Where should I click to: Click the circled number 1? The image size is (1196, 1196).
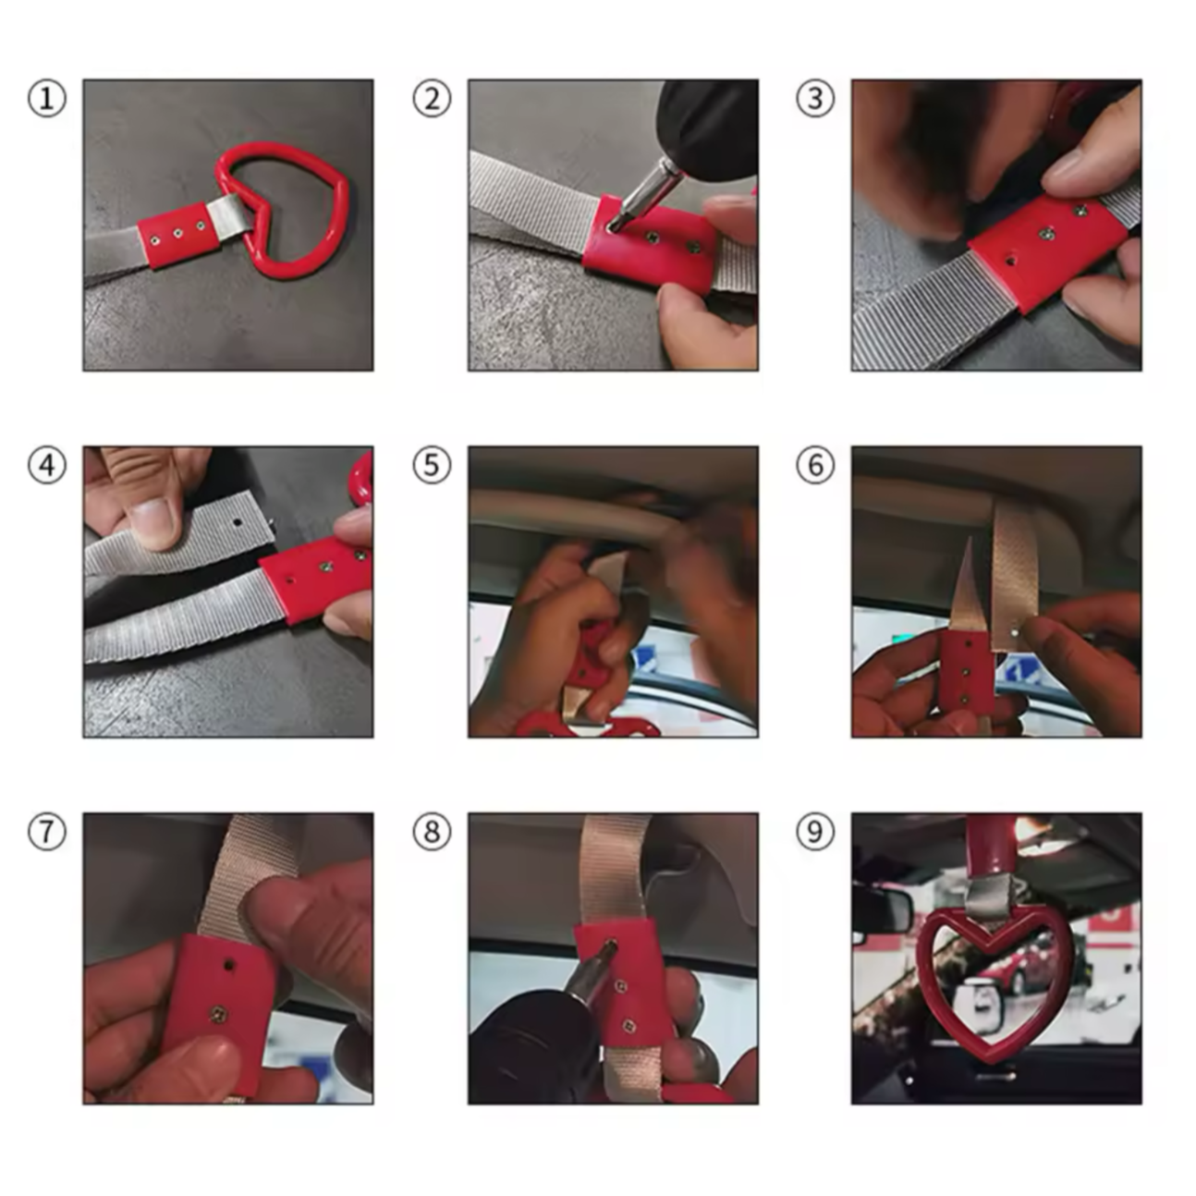[47, 99]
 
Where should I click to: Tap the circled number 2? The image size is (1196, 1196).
[432, 99]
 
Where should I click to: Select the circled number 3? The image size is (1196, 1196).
[815, 99]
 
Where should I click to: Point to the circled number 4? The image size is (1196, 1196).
[47, 466]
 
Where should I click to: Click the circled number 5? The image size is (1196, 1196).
[432, 466]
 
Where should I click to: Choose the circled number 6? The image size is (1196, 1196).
[815, 466]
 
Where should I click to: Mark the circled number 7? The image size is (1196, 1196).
[47, 832]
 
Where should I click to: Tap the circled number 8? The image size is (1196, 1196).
[432, 832]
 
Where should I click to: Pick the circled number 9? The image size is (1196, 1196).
[815, 832]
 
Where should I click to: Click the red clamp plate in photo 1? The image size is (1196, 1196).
[178, 235]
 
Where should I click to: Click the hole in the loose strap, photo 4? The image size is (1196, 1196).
[238, 522]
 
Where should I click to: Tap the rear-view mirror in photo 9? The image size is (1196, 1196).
[882, 908]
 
